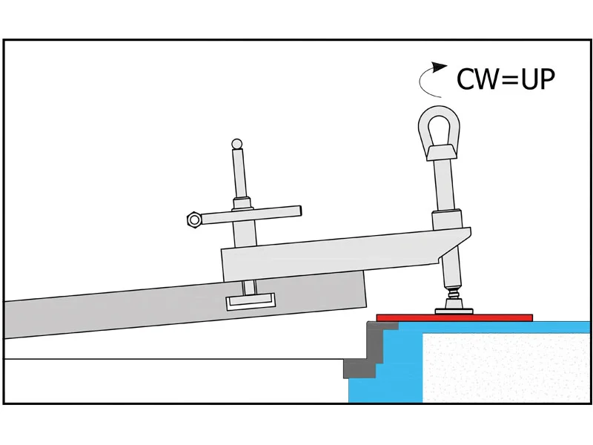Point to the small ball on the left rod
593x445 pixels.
click(236, 144)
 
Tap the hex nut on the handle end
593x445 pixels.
click(194, 220)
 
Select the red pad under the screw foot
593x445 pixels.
click(454, 318)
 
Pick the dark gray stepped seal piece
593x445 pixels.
click(370, 350)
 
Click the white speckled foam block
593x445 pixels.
click(506, 368)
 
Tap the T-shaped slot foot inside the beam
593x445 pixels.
click(251, 302)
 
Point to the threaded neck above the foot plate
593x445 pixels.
click(454, 294)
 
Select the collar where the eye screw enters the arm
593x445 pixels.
click(447, 220)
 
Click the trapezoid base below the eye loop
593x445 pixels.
click(441, 152)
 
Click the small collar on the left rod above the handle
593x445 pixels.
click(242, 203)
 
